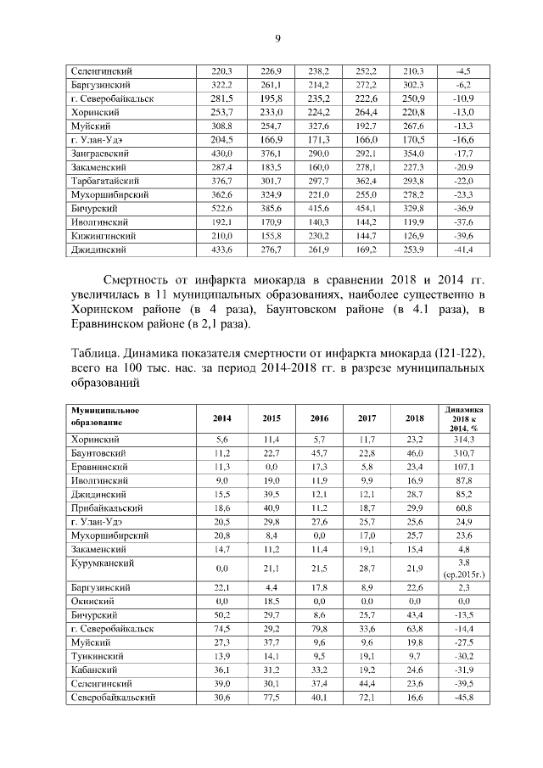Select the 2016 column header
[x=319, y=418]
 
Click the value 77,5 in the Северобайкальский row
[x=271, y=698]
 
